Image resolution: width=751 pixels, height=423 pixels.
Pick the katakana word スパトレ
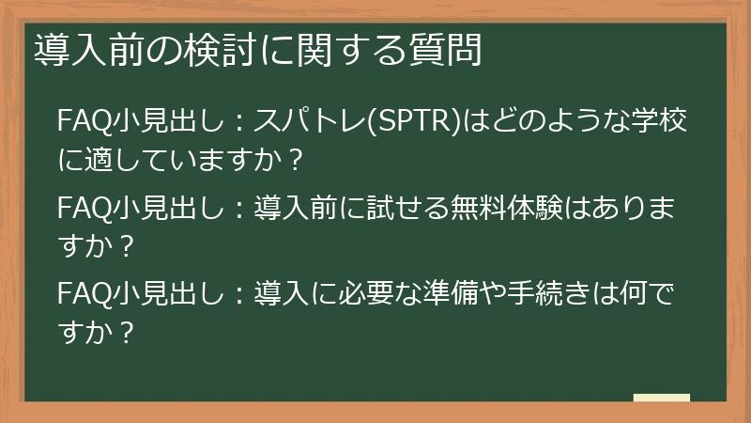(314, 123)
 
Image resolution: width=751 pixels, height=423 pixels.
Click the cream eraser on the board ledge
(661, 398)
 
